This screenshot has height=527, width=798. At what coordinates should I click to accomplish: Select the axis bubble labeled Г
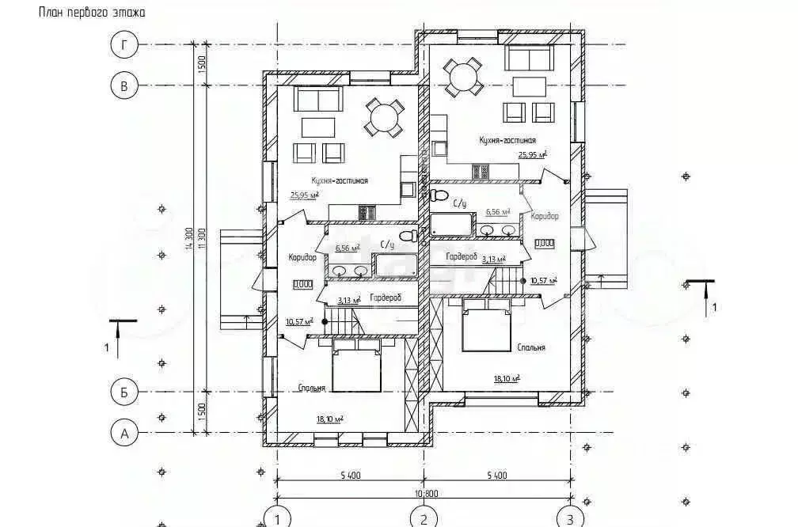click(x=123, y=44)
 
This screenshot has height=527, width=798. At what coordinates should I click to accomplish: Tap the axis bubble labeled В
click(x=123, y=85)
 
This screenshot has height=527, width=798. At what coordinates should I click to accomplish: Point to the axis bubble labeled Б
click(x=123, y=392)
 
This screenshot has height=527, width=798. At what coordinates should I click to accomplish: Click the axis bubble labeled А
click(x=123, y=433)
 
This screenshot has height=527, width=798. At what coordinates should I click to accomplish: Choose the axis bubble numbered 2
click(x=424, y=518)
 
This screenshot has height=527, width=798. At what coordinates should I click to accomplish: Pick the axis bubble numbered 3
click(x=569, y=518)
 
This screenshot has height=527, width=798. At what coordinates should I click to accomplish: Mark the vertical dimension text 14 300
click(x=191, y=237)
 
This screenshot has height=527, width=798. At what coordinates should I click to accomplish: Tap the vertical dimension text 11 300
click(x=203, y=237)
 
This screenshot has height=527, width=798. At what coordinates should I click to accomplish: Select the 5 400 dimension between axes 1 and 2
click(x=350, y=475)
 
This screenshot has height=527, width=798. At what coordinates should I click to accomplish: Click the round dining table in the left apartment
click(x=384, y=119)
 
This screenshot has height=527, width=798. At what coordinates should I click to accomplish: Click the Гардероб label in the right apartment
click(x=462, y=257)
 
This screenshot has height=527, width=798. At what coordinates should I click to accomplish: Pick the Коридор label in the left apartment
click(x=302, y=257)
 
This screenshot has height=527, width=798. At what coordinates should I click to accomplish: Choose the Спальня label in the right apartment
click(x=531, y=347)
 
